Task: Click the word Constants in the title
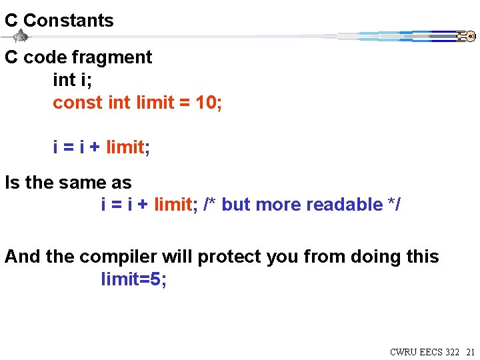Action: [x=69, y=21]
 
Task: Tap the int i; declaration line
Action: [x=72, y=80]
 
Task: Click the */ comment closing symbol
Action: [x=394, y=205]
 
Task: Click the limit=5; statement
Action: [x=134, y=279]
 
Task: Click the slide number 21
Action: [x=470, y=352]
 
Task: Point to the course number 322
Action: [x=451, y=352]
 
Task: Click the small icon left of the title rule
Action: [x=21, y=37]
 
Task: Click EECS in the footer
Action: [x=430, y=352]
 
